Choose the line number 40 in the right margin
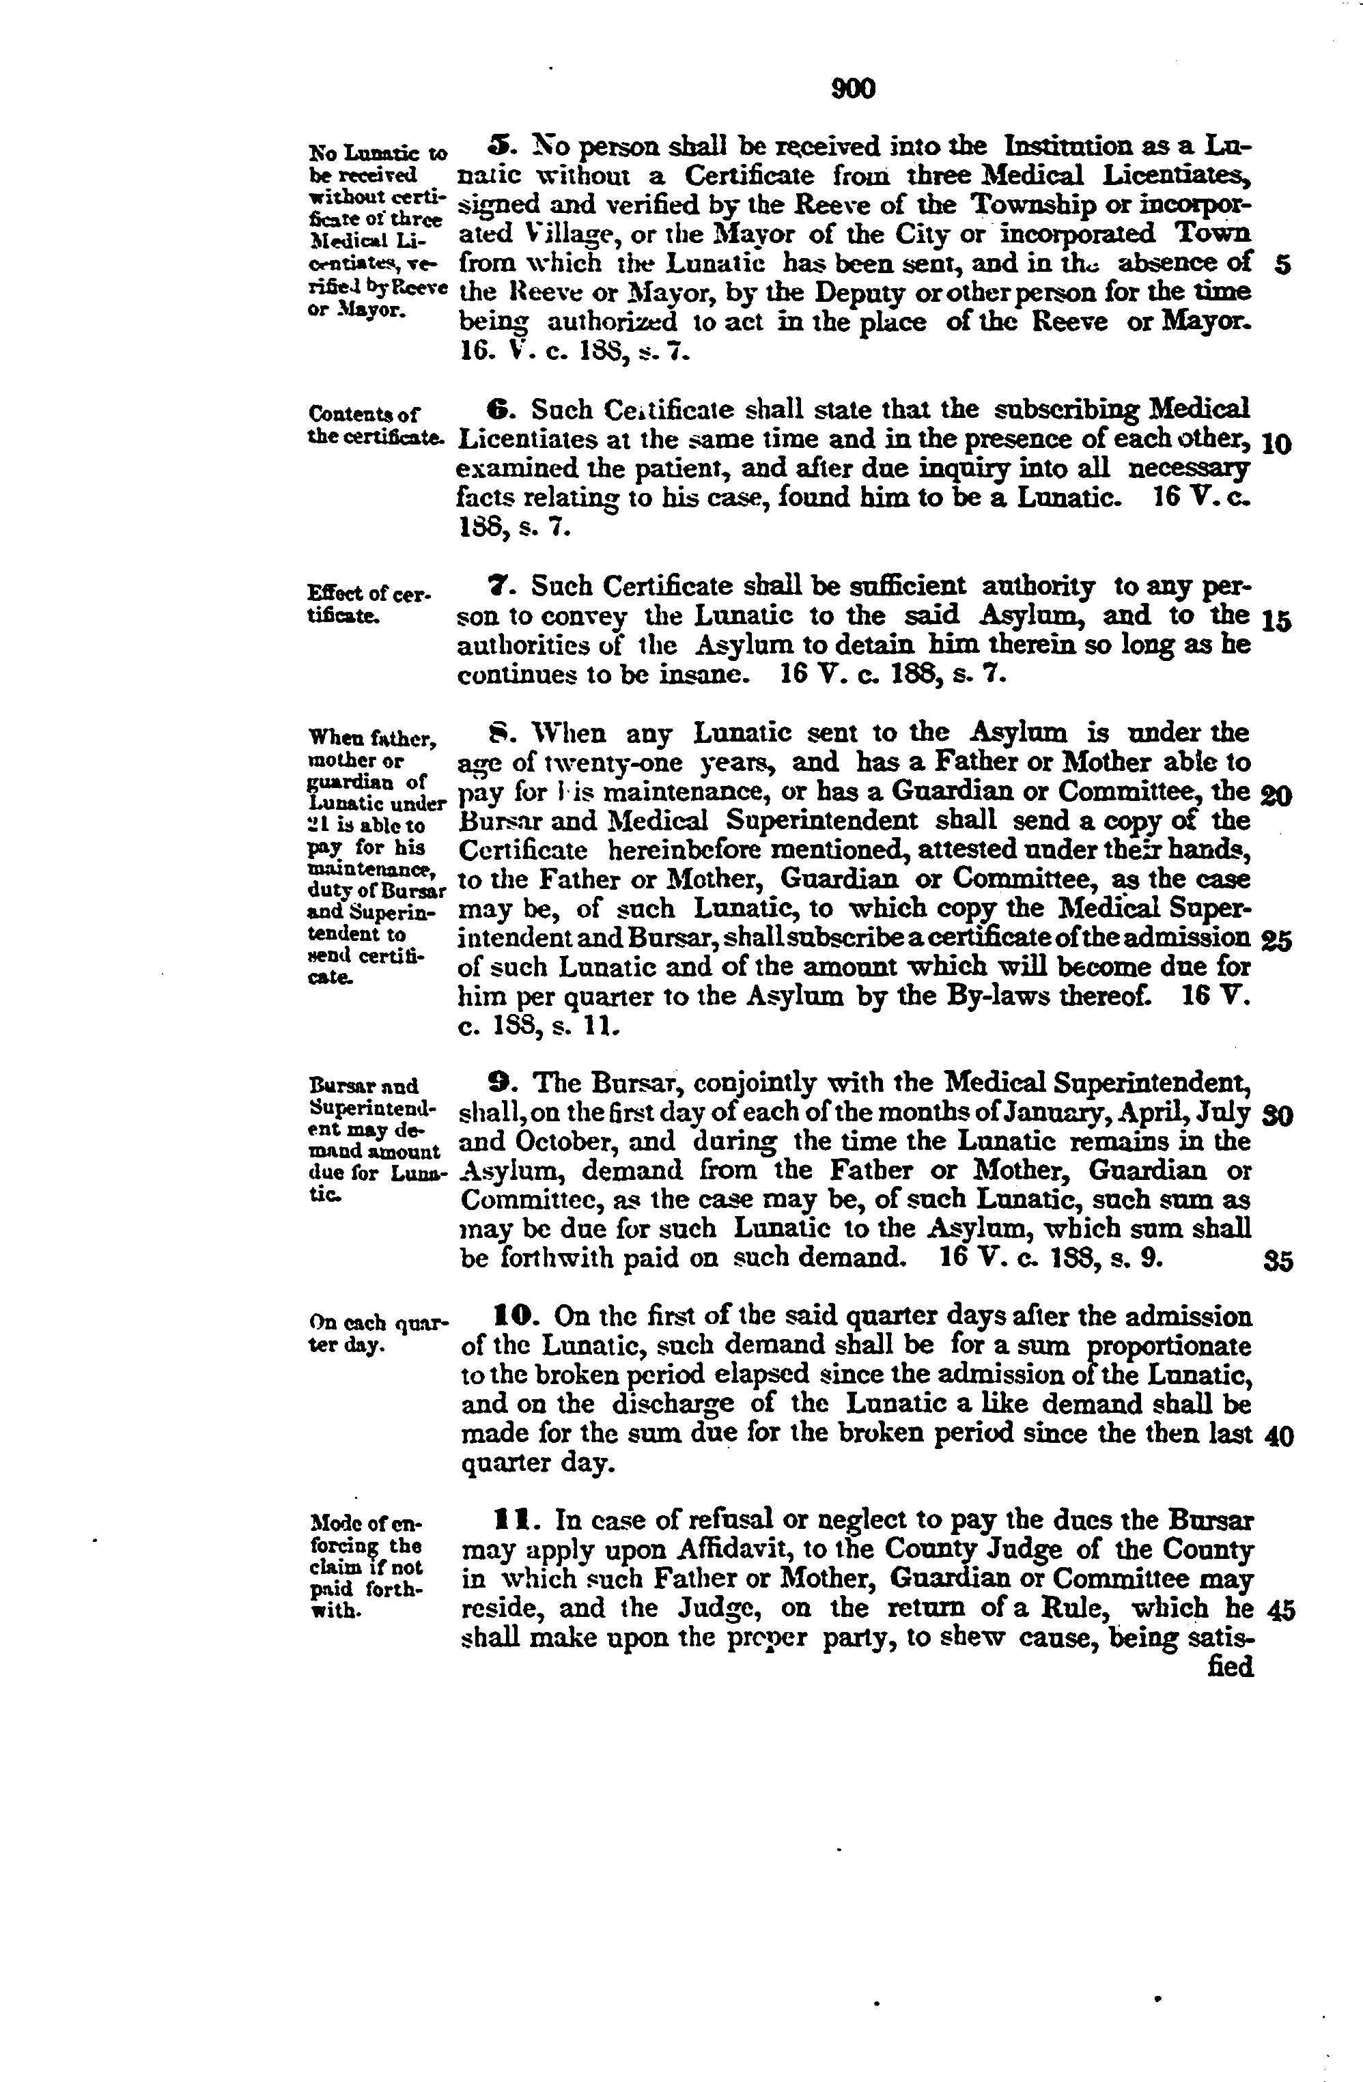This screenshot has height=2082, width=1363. click(x=1279, y=1437)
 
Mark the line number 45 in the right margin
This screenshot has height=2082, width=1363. click(x=1279, y=1610)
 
